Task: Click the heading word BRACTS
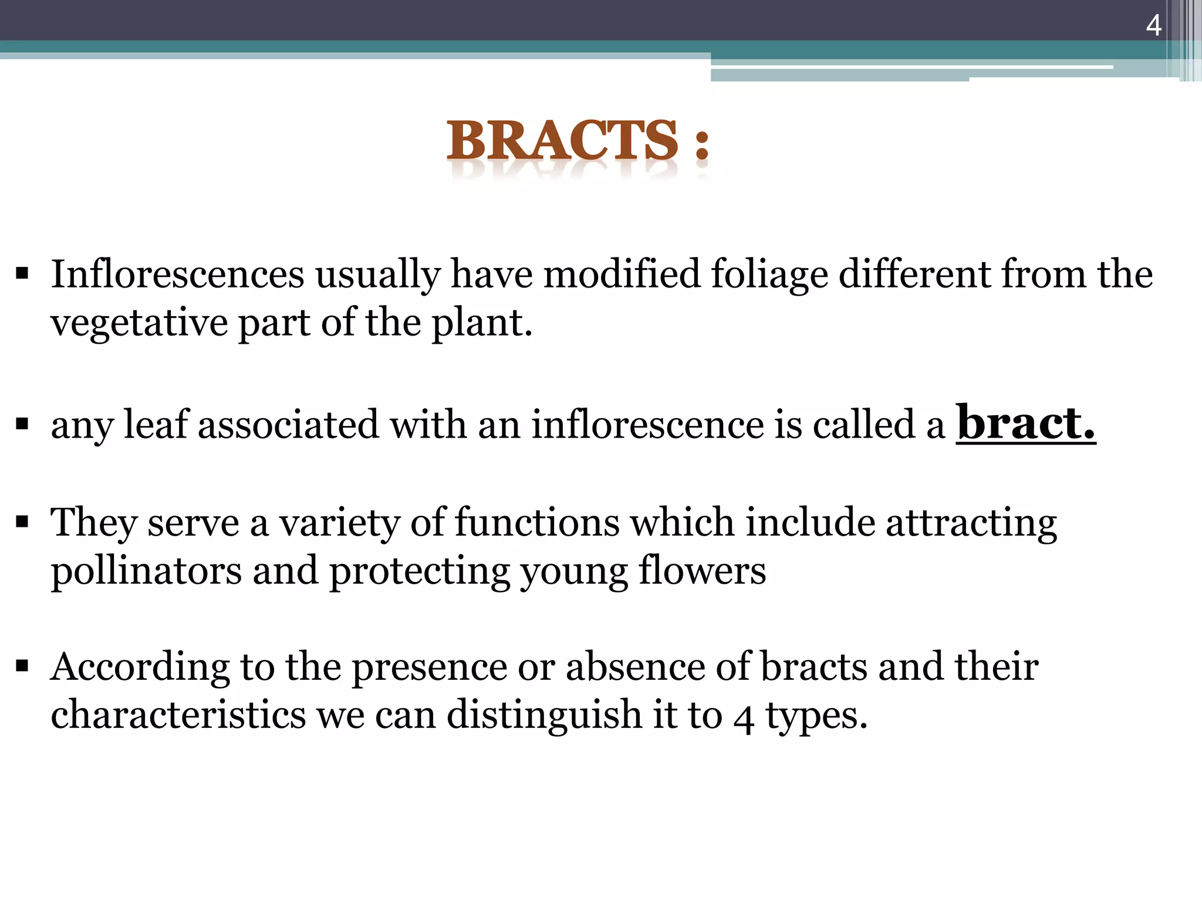[x=562, y=141]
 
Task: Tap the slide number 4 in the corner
[x=1153, y=26]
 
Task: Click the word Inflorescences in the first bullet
[x=178, y=275]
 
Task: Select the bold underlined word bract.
[x=1025, y=423]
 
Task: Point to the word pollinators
[x=146, y=571]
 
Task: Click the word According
[x=140, y=668]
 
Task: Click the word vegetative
[x=139, y=323]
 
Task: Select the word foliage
[x=769, y=275]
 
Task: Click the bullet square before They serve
[x=23, y=521]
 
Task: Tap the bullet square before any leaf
[x=23, y=424]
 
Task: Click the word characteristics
[x=178, y=715]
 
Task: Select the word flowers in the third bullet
[x=702, y=571]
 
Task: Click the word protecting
[x=419, y=571]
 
